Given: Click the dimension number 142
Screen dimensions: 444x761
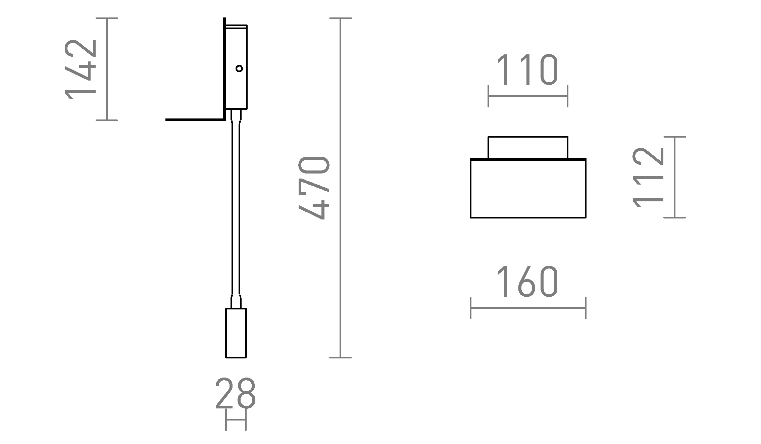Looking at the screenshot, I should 81,69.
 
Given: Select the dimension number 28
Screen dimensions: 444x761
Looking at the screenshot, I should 236,393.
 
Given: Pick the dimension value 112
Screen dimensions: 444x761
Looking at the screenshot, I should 648,177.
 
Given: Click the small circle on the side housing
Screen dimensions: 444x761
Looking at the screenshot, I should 239,68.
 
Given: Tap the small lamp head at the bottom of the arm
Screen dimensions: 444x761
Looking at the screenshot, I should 236,333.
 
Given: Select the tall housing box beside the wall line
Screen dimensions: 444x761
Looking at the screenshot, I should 236,87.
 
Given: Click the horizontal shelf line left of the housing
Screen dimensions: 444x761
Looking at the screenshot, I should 195,119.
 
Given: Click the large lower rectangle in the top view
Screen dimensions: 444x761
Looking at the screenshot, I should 528,188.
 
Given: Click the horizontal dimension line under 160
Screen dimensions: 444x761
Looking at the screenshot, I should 528,308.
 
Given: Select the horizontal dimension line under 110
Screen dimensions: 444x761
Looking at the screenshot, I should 528,96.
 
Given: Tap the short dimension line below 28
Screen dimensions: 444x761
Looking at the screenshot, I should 236,420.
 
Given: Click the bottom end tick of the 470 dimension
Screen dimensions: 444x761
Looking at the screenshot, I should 341,357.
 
